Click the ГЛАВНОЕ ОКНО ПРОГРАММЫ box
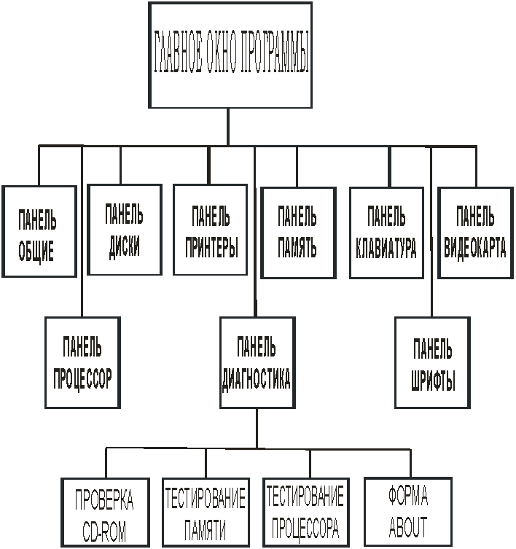pyautogui.click(x=230, y=55)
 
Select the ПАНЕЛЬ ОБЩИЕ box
pyautogui.click(x=39, y=231)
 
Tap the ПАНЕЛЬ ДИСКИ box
pyautogui.click(x=125, y=230)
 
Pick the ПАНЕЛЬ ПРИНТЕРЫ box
pyautogui.click(x=211, y=230)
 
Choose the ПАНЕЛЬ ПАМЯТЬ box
pyautogui.click(x=299, y=233)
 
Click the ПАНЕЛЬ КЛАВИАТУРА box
pyautogui.click(x=386, y=233)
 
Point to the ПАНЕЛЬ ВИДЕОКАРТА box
pyautogui.click(x=475, y=233)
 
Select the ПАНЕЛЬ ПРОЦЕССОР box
pyautogui.click(x=82, y=363)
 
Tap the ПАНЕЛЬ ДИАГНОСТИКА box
pyautogui.click(x=258, y=363)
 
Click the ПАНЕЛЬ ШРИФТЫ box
pyautogui.click(x=432, y=363)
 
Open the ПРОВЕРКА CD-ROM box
pyautogui.click(x=106, y=513)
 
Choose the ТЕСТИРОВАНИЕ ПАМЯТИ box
pyautogui.click(x=206, y=513)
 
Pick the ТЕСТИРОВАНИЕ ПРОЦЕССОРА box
pyautogui.click(x=306, y=513)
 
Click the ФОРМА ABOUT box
pyautogui.click(x=408, y=511)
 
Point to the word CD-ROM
pyautogui.click(x=104, y=532)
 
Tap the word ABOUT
pyautogui.click(x=408, y=526)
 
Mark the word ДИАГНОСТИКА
pyautogui.click(x=257, y=379)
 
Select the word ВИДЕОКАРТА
pyautogui.click(x=475, y=248)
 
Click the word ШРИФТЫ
pyautogui.click(x=433, y=381)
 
